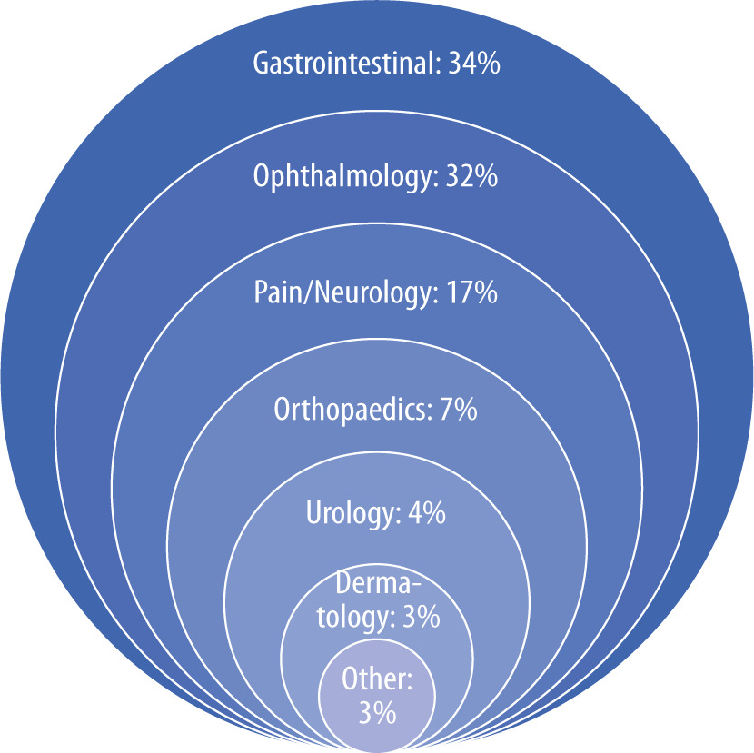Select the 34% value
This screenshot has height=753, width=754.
(x=474, y=63)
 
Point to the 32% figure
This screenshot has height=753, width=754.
(x=471, y=176)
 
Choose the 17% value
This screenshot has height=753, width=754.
(x=471, y=292)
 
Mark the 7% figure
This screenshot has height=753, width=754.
(x=458, y=409)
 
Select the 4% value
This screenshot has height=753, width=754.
(x=427, y=512)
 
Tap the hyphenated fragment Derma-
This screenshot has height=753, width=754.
(x=378, y=583)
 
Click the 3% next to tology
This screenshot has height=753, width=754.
(x=421, y=617)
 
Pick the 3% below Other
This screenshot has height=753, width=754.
(x=378, y=713)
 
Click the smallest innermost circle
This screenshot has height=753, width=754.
(x=377, y=695)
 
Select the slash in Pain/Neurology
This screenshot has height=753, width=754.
(x=307, y=292)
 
